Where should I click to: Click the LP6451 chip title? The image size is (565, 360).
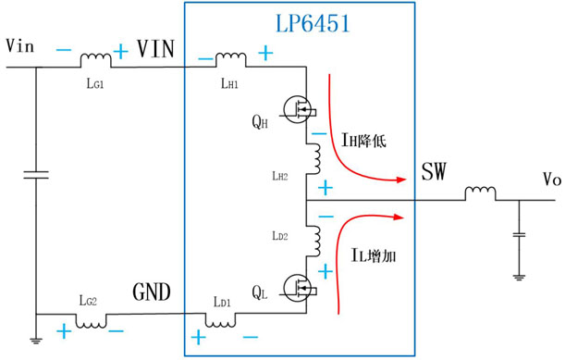[x=313, y=24]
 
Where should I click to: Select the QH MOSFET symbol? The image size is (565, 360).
[x=299, y=109]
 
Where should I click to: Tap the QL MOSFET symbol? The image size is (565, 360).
[x=299, y=288]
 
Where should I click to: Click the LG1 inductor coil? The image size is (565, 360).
[x=95, y=60]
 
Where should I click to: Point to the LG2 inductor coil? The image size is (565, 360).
[x=92, y=321]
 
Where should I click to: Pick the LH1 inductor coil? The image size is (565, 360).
[x=231, y=59]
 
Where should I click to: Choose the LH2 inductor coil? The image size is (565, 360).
[x=313, y=159]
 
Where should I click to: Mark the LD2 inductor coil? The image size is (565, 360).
[x=313, y=241]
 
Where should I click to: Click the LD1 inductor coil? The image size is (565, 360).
[x=220, y=320]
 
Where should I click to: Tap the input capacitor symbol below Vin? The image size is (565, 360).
[x=36, y=175]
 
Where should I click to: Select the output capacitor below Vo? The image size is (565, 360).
[x=519, y=235]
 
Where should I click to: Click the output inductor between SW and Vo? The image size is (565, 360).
[x=480, y=193]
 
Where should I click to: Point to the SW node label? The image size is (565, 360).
[x=434, y=171]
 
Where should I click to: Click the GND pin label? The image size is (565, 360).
[x=152, y=292]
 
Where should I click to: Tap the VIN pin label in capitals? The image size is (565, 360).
[x=156, y=49]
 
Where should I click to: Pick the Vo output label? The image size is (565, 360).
[x=552, y=179]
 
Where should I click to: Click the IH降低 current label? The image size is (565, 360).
[x=363, y=140]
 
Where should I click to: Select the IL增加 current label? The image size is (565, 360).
[x=374, y=255]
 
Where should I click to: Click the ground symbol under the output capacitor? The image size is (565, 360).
[x=519, y=278]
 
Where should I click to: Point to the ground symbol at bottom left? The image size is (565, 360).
[x=36, y=341]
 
